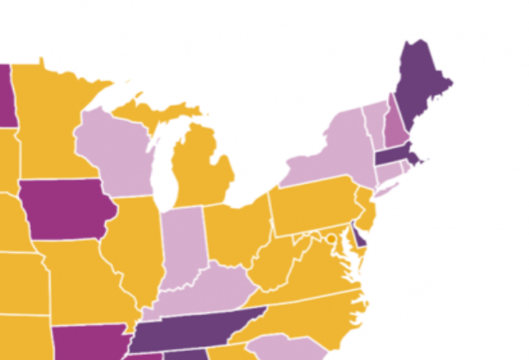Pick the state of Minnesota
click(56, 120)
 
